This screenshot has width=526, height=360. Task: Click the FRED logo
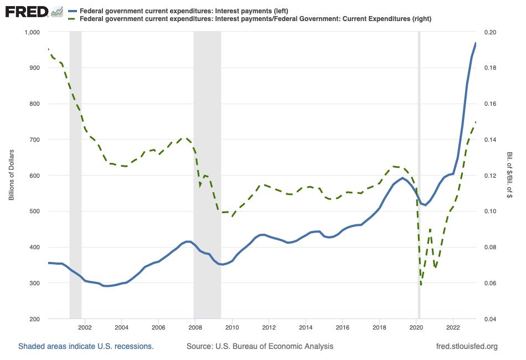pos(34,12)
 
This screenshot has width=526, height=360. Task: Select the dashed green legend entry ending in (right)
pos(255,19)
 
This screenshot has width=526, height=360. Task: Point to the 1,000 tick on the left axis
pos(33,32)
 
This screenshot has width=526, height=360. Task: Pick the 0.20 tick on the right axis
pos(490,32)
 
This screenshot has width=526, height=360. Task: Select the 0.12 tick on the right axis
pos(490,176)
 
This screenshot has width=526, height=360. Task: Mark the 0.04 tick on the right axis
pos(490,319)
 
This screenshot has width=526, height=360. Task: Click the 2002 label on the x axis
pos(85,328)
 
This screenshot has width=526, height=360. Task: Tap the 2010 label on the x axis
pos(232,328)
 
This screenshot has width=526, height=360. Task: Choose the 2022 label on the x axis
pos(453,328)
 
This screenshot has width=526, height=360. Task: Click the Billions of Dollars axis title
pos(11,175)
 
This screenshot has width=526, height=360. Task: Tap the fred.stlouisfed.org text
pos(467,346)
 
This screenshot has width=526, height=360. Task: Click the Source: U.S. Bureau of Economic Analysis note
pos(260,346)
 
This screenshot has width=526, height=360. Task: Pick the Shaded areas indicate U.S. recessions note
pos(86,346)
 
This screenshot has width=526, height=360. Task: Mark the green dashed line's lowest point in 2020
pos(421,285)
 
